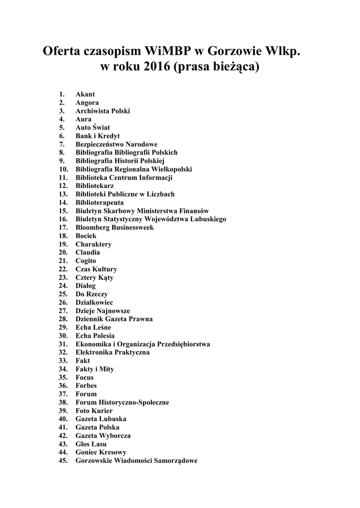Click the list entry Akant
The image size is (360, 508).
point(85,94)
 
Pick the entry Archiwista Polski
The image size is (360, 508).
point(102,111)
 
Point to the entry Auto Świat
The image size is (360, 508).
point(89,127)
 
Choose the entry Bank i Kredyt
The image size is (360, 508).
point(97,136)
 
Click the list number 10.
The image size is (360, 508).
point(63,169)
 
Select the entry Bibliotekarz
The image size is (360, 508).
point(94,186)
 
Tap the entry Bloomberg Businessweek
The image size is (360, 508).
point(114,228)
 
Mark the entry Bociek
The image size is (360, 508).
point(86,236)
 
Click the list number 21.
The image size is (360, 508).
point(63,261)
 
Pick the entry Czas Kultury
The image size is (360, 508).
point(96,269)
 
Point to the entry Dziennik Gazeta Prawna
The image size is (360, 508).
point(114,319)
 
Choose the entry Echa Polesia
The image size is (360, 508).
point(95,336)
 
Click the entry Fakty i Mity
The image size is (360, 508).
point(94,369)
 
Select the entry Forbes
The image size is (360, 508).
point(86,385)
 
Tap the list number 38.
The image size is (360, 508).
point(63,402)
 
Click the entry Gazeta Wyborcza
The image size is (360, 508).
point(103,436)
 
